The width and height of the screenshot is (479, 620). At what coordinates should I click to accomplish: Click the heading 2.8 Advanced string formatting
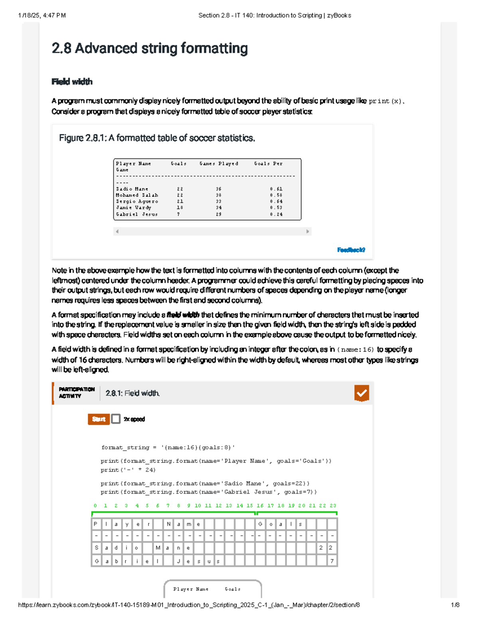150,49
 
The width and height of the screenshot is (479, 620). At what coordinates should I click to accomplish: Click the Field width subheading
72,82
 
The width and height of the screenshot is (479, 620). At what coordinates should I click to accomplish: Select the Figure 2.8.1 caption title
157,138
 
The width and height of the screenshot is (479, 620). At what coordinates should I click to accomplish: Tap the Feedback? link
351,250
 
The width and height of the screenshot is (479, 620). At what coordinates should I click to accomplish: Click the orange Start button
99,419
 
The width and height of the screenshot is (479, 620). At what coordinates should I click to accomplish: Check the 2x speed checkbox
116,419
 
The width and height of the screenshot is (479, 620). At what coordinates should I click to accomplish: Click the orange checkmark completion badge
361,393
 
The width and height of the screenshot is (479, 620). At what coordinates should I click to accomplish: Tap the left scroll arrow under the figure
117,232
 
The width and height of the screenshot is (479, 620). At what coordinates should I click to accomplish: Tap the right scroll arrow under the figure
307,232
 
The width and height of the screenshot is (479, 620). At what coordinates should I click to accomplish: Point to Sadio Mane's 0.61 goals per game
276,189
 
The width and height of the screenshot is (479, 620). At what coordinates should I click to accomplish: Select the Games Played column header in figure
219,164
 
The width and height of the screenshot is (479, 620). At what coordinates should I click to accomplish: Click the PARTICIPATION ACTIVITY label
77,393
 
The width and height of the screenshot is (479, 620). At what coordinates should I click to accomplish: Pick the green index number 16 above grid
260,506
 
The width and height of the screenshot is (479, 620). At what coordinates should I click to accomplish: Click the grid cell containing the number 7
332,561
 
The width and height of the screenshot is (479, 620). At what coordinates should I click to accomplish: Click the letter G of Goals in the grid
260,524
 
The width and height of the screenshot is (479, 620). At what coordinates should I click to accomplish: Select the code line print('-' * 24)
128,470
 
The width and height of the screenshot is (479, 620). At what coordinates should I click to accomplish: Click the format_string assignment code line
168,448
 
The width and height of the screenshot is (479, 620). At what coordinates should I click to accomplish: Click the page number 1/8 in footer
455,605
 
